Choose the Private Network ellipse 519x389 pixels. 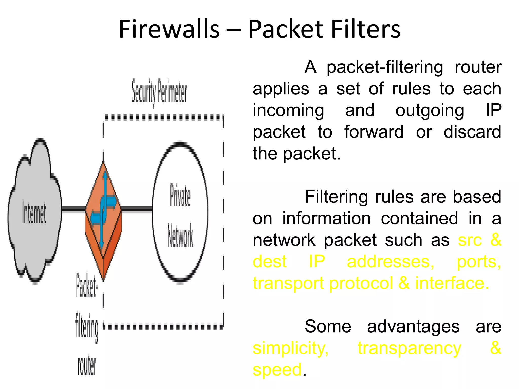(180, 213)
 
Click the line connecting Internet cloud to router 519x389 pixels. (73, 209)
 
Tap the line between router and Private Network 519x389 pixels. (137, 209)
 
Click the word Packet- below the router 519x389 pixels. (86, 286)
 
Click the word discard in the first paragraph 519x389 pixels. (472, 132)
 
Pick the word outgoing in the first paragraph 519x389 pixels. (430, 110)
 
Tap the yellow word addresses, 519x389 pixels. (390, 262)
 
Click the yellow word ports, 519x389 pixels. (479, 262)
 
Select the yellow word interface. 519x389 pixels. (452, 283)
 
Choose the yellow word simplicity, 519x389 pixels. (290, 348)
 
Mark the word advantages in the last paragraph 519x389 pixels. (413, 326)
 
